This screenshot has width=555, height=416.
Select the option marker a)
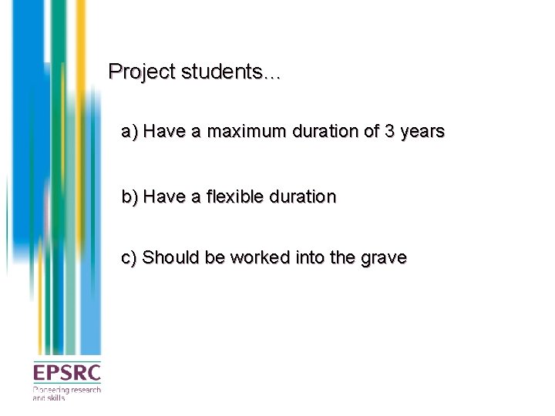[x=129, y=132]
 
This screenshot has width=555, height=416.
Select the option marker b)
[x=129, y=197]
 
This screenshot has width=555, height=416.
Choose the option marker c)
[x=129, y=257]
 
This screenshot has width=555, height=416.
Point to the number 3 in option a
[x=391, y=132]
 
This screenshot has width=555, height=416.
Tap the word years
[x=423, y=132]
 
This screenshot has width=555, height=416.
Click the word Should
[x=170, y=257]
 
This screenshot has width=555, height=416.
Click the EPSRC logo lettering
[x=66, y=374]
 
